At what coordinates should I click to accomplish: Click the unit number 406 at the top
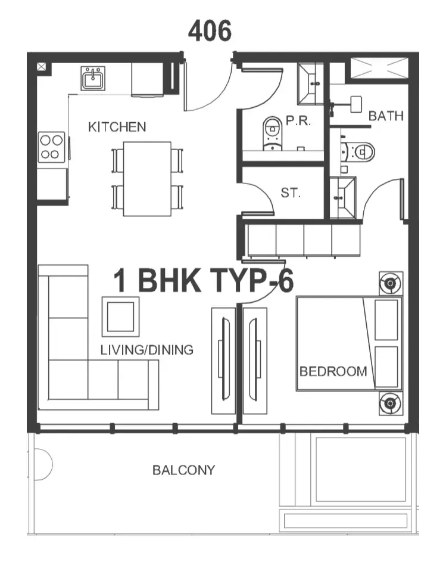coord(210,30)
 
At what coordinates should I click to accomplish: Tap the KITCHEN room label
coord(117,127)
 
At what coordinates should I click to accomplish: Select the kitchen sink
coord(93,78)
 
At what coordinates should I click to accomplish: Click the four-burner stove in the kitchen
coord(51,147)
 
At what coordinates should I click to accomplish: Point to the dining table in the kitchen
coord(147,179)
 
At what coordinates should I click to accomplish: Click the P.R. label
coord(298,120)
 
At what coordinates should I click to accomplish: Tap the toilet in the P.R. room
coord(273,134)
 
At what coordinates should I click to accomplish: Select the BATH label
coord(386,116)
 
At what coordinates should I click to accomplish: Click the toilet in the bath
coord(360,152)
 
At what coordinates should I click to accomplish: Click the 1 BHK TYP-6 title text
coord(204,281)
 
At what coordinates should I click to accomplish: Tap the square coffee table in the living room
coord(120,316)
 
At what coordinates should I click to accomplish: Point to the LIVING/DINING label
coord(147,350)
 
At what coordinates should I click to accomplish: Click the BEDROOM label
coord(333,371)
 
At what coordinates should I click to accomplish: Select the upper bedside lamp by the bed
coord(391,283)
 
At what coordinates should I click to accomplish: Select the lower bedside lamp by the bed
coord(391,403)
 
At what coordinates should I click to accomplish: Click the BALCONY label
coord(184,470)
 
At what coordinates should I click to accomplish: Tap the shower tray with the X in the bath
coord(379,68)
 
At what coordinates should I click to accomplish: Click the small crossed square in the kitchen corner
coord(42,67)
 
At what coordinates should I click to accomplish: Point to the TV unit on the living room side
coord(223,361)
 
